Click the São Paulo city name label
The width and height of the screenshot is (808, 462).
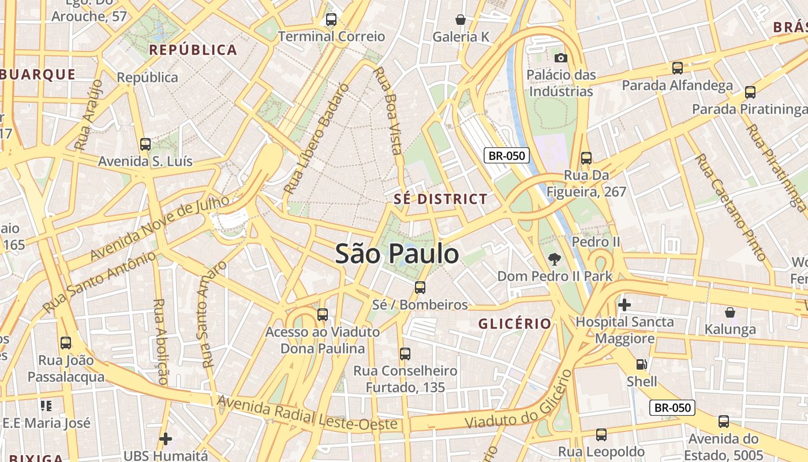click(x=397, y=254)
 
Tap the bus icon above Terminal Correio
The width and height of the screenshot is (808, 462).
click(x=331, y=20)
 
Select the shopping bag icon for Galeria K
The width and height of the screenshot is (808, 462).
click(x=461, y=20)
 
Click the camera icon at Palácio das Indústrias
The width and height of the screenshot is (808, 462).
click(x=560, y=58)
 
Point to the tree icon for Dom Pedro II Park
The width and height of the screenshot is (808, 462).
click(x=555, y=259)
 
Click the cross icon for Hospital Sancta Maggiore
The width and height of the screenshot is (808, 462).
click(x=624, y=304)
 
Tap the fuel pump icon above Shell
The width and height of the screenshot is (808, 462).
click(x=641, y=364)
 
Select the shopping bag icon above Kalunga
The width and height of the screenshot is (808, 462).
click(x=730, y=312)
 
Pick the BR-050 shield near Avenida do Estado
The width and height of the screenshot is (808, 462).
click(x=672, y=407)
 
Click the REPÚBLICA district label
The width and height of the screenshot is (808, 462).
click(x=193, y=50)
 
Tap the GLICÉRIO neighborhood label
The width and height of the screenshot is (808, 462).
click(x=515, y=324)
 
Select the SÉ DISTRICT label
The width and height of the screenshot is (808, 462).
click(x=440, y=199)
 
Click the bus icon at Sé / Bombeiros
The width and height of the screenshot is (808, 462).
click(x=420, y=287)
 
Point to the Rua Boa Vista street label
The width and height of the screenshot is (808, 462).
click(x=388, y=111)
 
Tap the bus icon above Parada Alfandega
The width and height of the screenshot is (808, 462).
click(x=678, y=68)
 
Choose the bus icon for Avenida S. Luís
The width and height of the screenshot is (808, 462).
click(x=145, y=144)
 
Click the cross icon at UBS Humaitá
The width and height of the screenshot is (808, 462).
click(x=166, y=439)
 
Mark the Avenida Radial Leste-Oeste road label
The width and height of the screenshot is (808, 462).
click(x=308, y=413)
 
